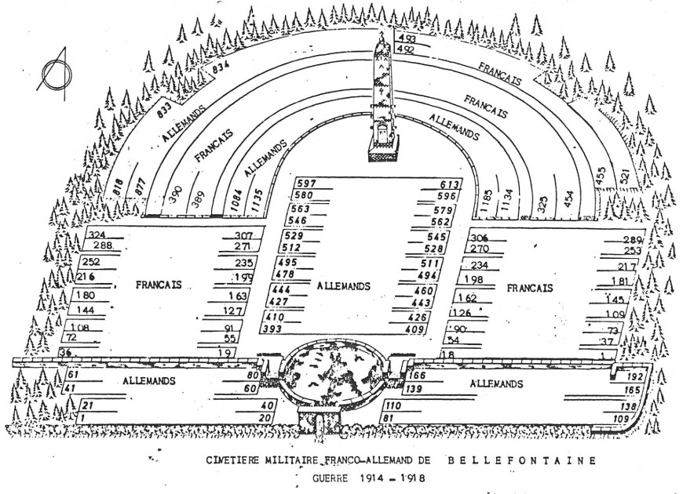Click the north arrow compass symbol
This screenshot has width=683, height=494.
[x=56, y=73]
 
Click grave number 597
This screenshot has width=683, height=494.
[x=306, y=184]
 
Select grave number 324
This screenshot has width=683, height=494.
[x=97, y=235]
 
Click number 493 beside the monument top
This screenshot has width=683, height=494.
[x=407, y=38]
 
